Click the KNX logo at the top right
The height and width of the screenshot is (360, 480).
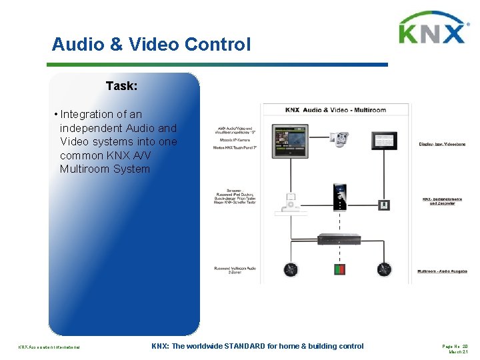click(x=431, y=29)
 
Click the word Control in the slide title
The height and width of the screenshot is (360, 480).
click(x=219, y=45)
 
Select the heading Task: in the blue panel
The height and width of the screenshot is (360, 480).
click(x=122, y=86)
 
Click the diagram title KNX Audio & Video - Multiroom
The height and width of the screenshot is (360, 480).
click(x=337, y=109)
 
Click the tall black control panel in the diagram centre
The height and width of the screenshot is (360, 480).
click(x=340, y=197)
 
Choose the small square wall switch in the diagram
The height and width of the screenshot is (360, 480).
click(x=383, y=205)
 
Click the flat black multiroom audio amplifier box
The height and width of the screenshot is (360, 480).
click(x=339, y=239)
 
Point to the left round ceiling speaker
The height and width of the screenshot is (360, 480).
click(x=290, y=269)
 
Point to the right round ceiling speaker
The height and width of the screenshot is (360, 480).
click(x=384, y=269)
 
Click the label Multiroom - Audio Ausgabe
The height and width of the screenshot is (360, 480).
click(x=442, y=271)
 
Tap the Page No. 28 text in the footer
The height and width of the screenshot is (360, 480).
click(x=455, y=345)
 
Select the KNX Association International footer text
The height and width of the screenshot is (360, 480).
click(x=49, y=347)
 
